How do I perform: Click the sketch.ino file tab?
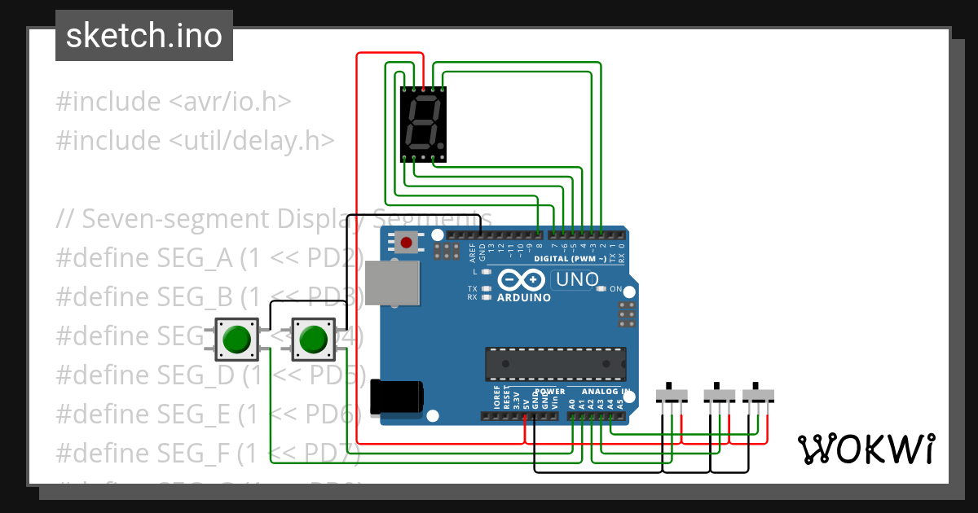(x=143, y=36)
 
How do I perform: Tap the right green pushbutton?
(x=313, y=340)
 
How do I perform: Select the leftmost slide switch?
(x=672, y=395)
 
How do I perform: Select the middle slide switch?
(x=719, y=395)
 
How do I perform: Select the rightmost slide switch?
(x=759, y=395)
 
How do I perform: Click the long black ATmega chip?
(x=556, y=363)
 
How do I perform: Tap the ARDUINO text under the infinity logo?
(x=523, y=297)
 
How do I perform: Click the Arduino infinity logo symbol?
(x=522, y=279)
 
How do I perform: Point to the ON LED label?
(x=616, y=290)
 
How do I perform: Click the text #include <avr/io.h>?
(x=174, y=102)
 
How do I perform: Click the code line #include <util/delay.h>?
(x=195, y=140)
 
